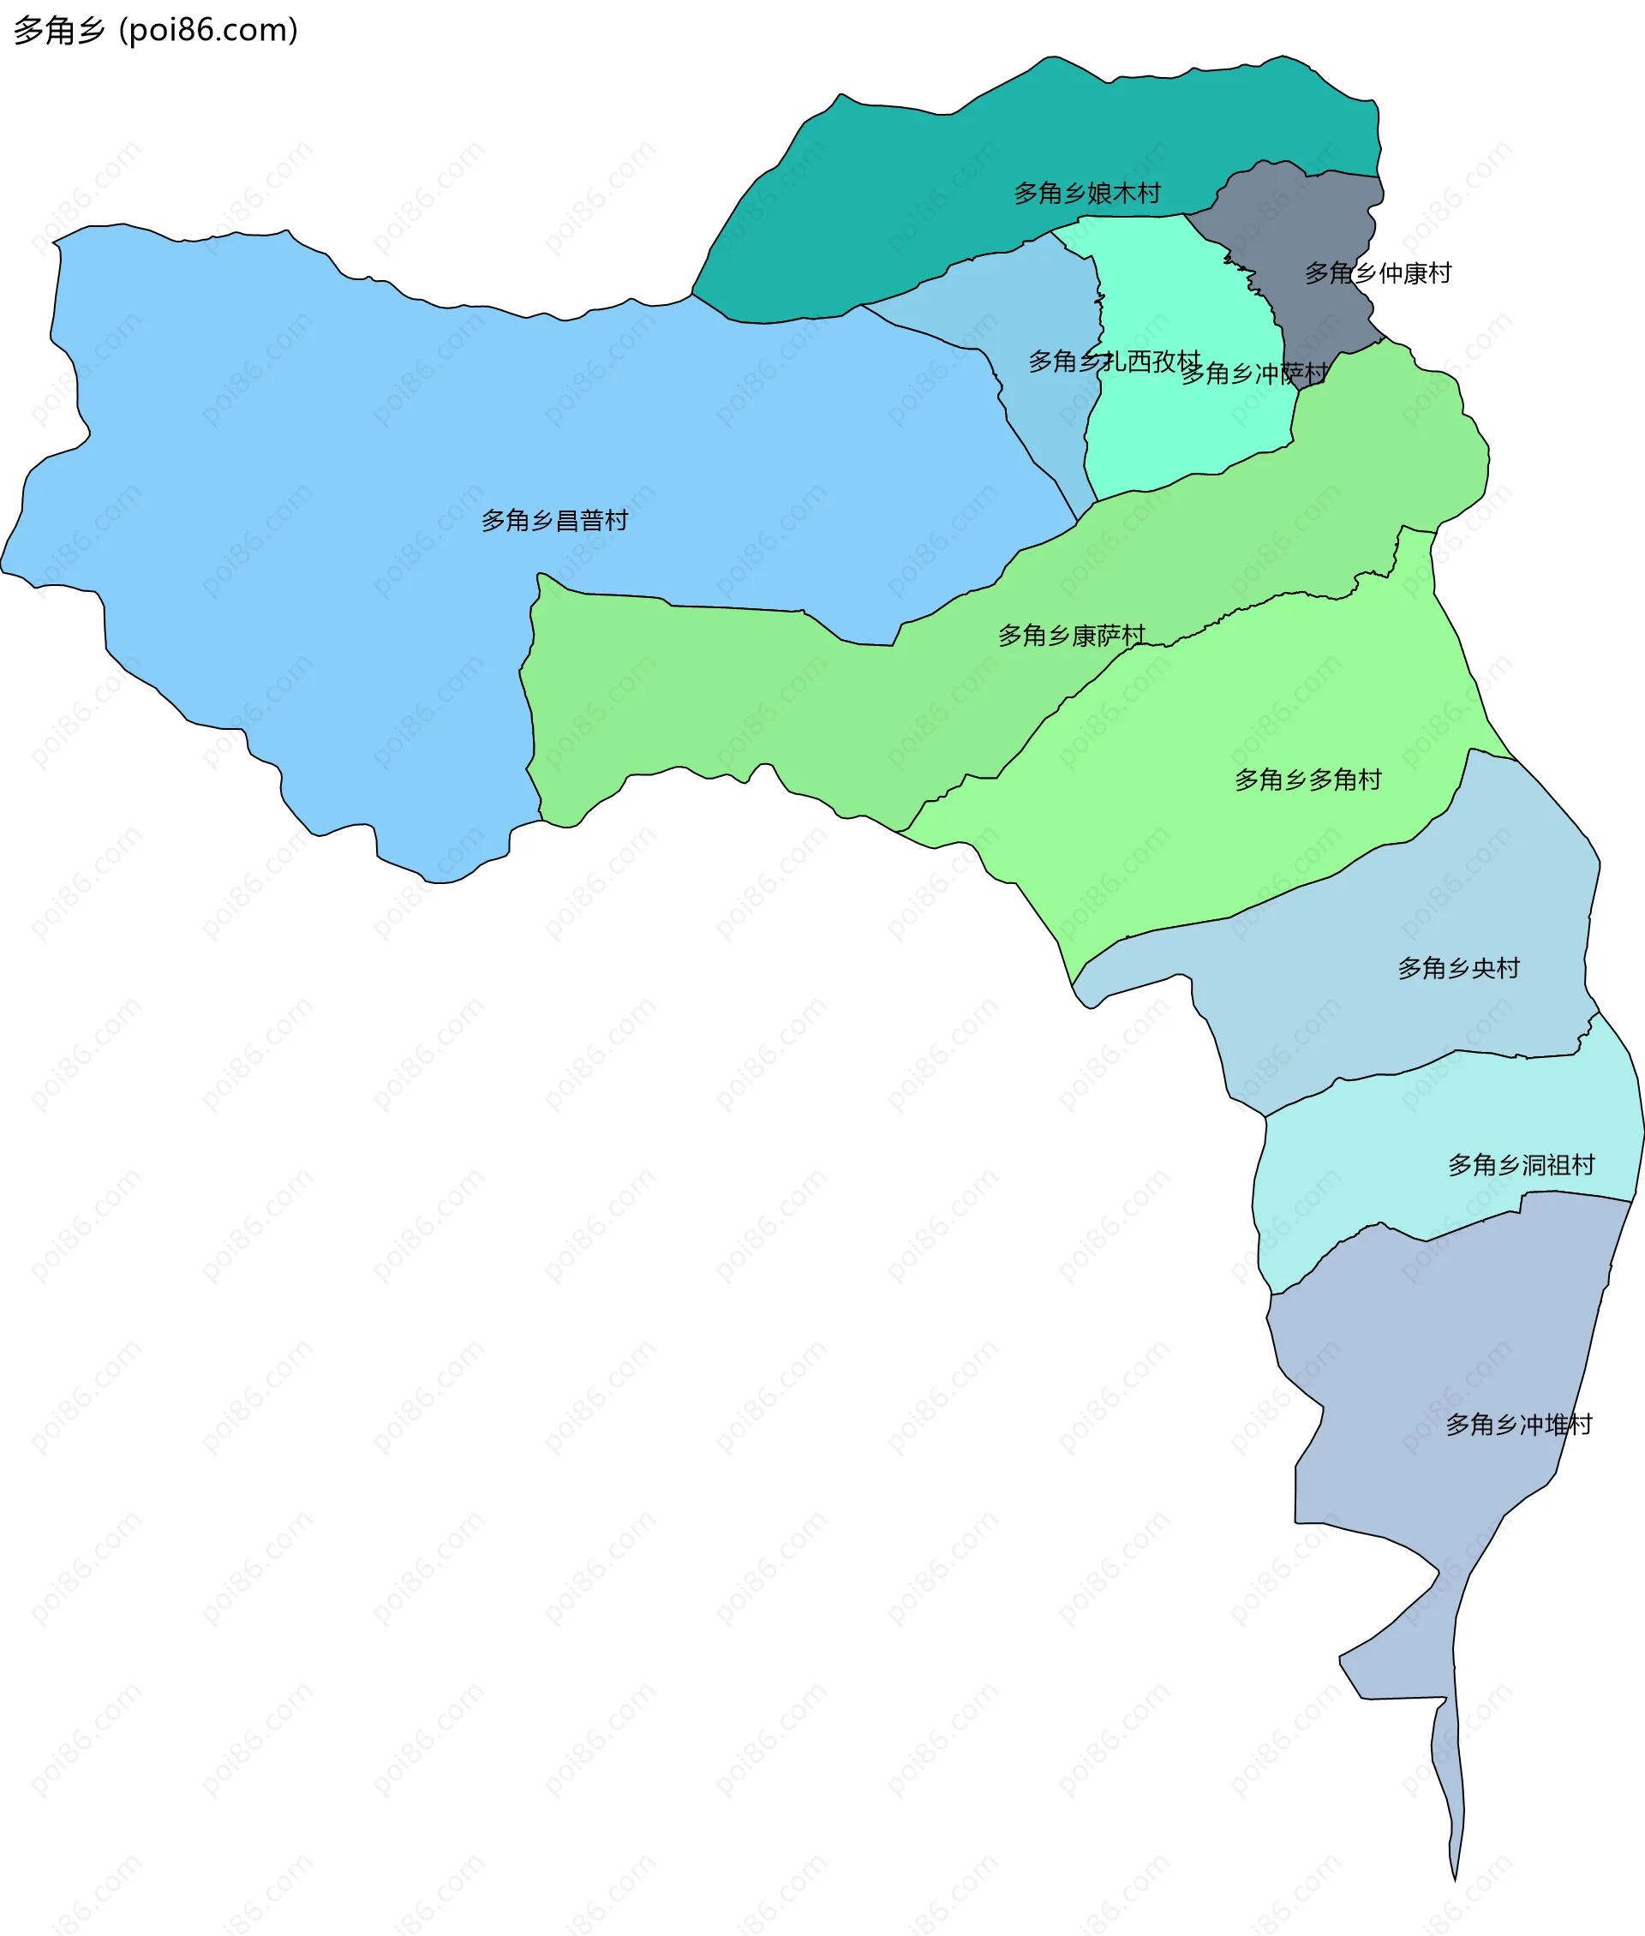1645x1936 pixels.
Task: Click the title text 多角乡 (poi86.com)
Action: click(x=156, y=30)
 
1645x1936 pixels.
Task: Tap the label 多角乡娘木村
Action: click(x=1086, y=193)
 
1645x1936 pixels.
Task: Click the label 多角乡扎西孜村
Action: click(x=1114, y=361)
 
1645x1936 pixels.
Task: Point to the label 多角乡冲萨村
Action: click(x=1253, y=374)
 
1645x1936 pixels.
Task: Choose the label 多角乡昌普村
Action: click(x=554, y=520)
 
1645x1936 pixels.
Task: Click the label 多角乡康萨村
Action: click(x=1071, y=635)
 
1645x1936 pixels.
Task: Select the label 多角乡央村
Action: click(x=1457, y=968)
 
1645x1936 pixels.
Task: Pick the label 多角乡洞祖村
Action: click(x=1520, y=1165)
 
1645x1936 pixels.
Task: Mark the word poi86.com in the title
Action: click(x=212, y=30)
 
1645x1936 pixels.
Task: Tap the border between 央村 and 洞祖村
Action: click(x=1427, y=1064)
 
